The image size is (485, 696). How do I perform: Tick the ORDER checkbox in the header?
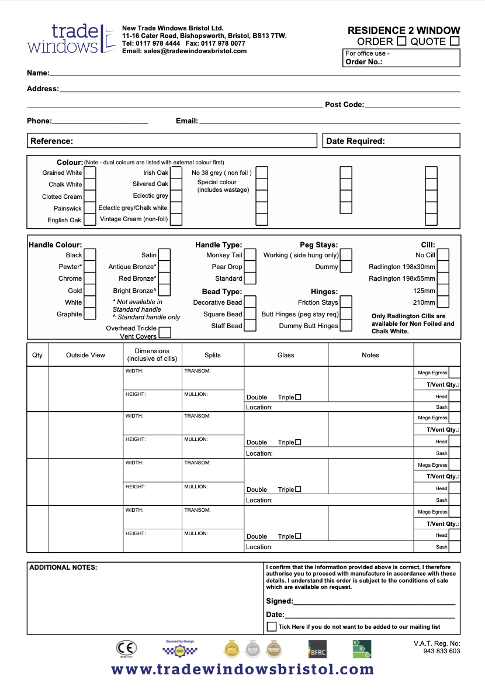(401, 42)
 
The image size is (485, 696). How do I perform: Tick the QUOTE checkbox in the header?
(455, 42)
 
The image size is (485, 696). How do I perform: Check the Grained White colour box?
(90, 173)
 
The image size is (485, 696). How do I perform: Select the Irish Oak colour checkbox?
(176, 173)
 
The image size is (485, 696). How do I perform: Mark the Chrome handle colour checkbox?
(90, 278)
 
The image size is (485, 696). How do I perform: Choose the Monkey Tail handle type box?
(250, 255)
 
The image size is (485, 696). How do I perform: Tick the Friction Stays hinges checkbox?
(346, 302)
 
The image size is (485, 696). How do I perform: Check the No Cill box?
(443, 255)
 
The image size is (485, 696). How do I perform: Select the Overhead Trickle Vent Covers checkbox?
(165, 332)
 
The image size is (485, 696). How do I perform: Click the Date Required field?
(392, 141)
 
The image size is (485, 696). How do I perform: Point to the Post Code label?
(344, 105)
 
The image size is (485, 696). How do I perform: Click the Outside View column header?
(85, 355)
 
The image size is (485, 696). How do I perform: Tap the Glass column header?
(286, 355)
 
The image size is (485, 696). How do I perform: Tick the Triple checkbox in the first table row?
(298, 397)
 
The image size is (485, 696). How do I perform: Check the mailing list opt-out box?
(272, 626)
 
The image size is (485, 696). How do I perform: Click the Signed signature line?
(374, 601)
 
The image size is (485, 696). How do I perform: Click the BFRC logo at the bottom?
(317, 649)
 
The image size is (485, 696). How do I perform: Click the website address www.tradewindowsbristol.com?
(243, 670)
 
